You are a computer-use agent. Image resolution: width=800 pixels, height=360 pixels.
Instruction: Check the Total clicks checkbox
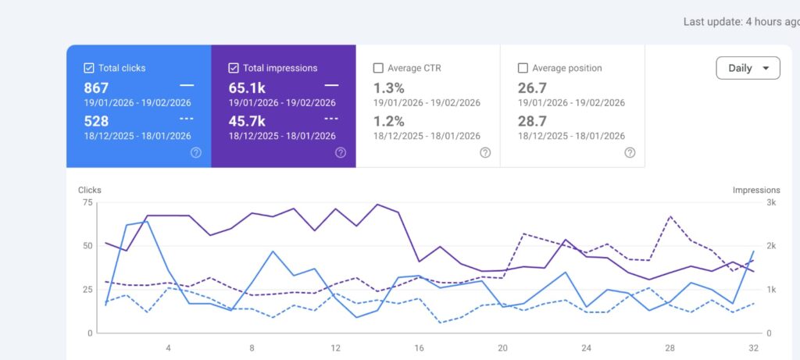tap(89, 68)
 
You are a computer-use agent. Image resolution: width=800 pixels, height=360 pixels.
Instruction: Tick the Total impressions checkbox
tap(233, 68)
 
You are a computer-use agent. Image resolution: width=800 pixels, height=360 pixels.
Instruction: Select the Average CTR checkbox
tap(378, 68)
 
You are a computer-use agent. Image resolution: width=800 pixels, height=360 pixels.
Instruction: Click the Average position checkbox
tap(523, 68)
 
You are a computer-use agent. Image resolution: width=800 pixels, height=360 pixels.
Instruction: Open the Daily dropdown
tap(748, 68)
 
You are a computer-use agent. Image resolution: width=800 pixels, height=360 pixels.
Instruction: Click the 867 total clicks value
tap(96, 88)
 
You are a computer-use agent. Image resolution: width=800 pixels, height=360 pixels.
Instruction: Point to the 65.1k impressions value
tap(247, 88)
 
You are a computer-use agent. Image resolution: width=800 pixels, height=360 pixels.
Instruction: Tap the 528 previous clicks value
tap(96, 121)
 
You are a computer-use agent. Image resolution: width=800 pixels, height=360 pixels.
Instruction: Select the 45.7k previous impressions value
tap(247, 121)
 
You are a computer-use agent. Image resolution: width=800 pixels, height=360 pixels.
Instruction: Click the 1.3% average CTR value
tap(389, 88)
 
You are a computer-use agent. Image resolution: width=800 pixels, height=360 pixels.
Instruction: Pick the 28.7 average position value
tap(532, 121)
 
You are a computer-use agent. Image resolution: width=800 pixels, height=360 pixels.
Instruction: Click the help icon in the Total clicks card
tap(196, 152)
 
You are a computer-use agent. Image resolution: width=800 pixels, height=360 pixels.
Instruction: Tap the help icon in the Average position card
tap(630, 152)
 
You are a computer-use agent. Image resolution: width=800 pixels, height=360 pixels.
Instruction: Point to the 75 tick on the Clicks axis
tap(87, 202)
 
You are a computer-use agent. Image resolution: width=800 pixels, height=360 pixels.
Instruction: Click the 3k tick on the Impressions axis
tap(771, 202)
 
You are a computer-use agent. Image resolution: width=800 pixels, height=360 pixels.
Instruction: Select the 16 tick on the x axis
tap(419, 348)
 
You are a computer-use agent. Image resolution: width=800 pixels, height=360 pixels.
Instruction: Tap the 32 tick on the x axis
tap(754, 348)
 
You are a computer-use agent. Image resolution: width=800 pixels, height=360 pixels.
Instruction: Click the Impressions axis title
tap(756, 191)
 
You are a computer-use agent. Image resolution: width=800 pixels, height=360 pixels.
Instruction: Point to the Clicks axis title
tap(90, 191)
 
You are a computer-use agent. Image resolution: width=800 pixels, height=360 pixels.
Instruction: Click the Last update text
tap(741, 22)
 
